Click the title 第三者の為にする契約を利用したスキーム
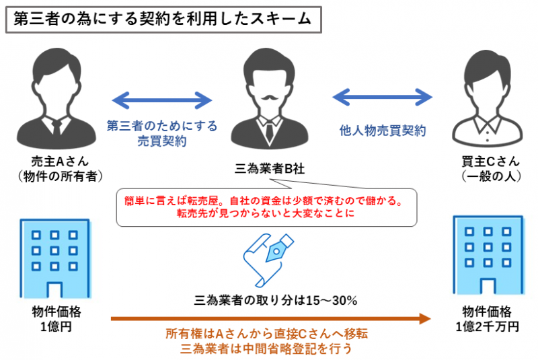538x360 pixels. tap(161, 19)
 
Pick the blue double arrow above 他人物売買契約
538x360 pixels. tap(382, 96)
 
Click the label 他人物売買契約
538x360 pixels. tap(382, 132)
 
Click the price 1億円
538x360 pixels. tap(56, 327)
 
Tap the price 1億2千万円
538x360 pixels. tap(486, 327)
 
